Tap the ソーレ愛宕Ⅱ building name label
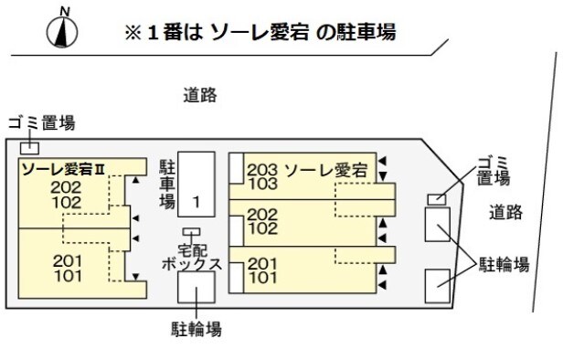tap(63, 168)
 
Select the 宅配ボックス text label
tap(192, 256)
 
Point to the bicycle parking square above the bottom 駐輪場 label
tap(196, 289)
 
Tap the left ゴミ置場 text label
tap(40, 123)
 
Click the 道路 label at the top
tap(200, 94)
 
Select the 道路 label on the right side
tap(505, 213)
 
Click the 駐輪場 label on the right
tap(505, 265)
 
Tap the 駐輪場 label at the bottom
tap(196, 327)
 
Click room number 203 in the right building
tap(261, 169)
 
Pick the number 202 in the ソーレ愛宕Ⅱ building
tap(67, 186)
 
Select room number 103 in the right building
tap(261, 184)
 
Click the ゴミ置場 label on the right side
tap(494, 171)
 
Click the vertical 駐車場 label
tap(167, 183)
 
